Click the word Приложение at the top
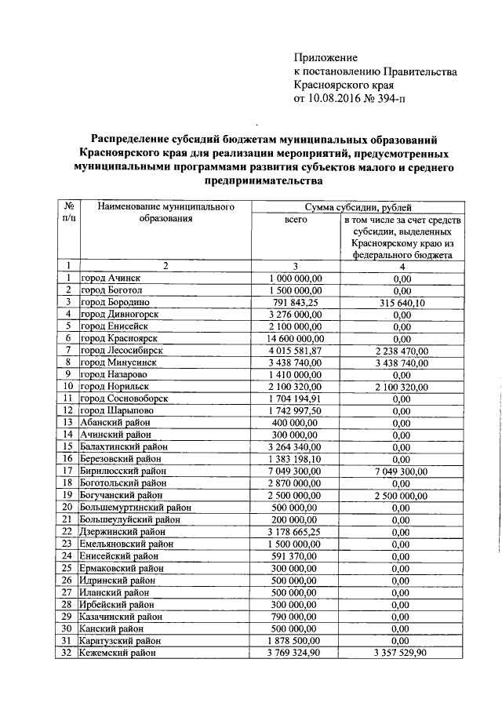coord(326,57)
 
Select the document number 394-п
coord(391,100)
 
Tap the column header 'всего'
coord(295,220)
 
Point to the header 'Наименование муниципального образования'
coord(166,213)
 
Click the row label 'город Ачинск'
coord(113,278)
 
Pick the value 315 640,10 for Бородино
coord(402,301)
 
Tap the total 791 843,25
coord(295,301)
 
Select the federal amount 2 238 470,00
coord(402,350)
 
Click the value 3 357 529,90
coord(402,653)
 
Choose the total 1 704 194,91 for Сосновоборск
coord(295,399)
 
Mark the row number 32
coord(68,653)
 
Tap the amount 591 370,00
coord(295,555)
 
